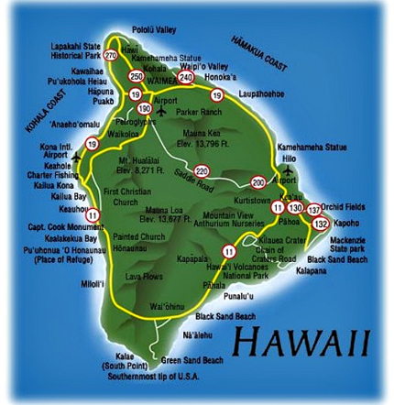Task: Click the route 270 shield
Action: click(112, 55)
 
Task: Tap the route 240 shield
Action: click(186, 78)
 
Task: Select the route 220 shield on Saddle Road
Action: click(202, 170)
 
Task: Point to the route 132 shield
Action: click(320, 224)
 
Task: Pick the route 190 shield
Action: click(144, 108)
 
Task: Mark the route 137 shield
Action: click(314, 210)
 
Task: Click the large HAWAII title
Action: click(301, 342)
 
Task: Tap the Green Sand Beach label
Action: click(192, 360)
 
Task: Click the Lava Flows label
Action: click(145, 276)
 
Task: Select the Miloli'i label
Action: click(93, 285)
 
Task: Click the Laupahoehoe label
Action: click(261, 94)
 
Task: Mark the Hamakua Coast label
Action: click(259, 53)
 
